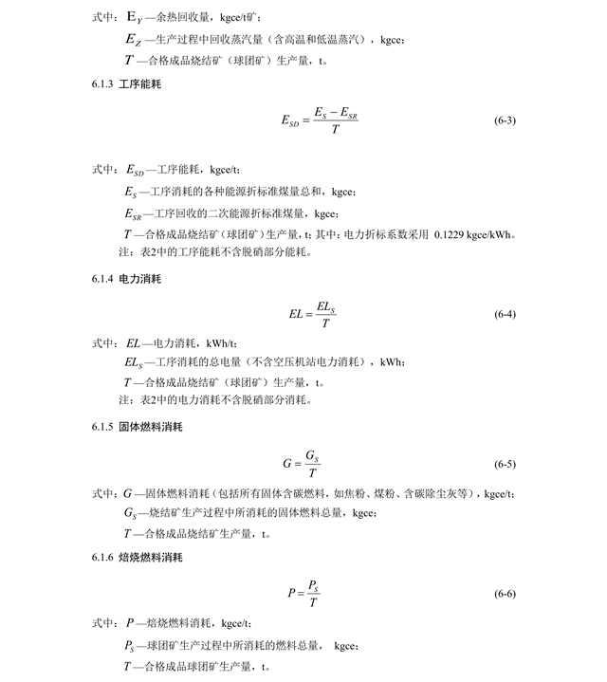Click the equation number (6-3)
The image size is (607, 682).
505,121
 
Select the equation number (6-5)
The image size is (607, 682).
505,465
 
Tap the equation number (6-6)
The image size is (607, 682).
505,594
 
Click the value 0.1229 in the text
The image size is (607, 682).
451,234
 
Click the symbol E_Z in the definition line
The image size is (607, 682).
136,39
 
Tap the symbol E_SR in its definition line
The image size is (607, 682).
137,214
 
